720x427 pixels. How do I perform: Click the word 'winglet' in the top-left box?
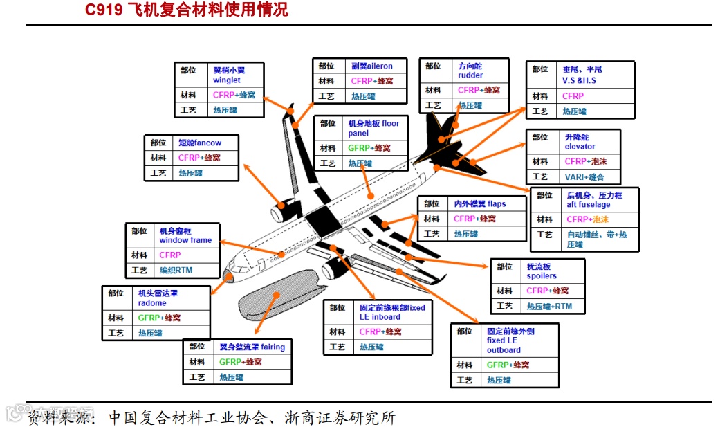pos(226,80)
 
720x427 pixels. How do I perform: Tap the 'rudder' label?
pos(470,75)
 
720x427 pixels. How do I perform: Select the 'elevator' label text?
pos(580,147)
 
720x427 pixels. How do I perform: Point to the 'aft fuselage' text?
pos(588,205)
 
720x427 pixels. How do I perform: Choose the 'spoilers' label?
pos(542,276)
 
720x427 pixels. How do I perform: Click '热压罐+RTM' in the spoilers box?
pos(549,307)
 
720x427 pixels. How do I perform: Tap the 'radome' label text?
pos(152,303)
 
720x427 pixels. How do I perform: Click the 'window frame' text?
pos(185,241)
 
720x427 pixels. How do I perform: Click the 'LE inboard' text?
pos(380,317)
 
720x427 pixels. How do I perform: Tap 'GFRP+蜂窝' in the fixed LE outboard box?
pos(508,365)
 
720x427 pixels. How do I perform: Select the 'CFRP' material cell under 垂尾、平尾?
pos(573,96)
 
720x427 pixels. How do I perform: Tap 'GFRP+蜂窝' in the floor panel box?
pos(369,148)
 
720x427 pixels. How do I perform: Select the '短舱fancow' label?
pos(200,143)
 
